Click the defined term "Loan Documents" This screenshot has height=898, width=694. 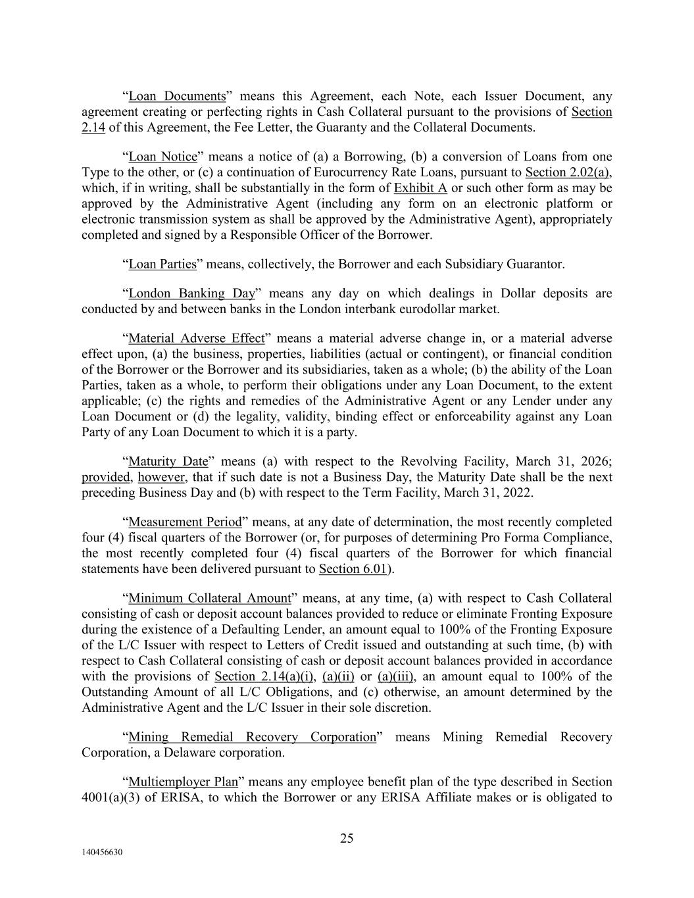click(x=177, y=96)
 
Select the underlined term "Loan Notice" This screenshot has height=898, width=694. click(x=162, y=157)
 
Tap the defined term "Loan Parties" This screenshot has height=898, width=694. click(x=162, y=264)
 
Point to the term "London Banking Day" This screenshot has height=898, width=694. click(x=191, y=293)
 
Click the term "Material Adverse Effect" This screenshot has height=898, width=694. click(x=196, y=339)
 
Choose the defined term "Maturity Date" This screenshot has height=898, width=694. click(x=168, y=462)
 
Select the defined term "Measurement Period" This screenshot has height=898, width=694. click(x=185, y=522)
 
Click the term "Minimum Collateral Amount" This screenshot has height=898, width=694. click(x=209, y=599)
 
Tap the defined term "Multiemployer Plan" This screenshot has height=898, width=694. click(x=183, y=782)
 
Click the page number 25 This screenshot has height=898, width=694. click(x=347, y=838)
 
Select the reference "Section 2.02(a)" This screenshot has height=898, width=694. click(x=568, y=172)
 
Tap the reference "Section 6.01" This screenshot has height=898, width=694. click(x=352, y=569)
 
